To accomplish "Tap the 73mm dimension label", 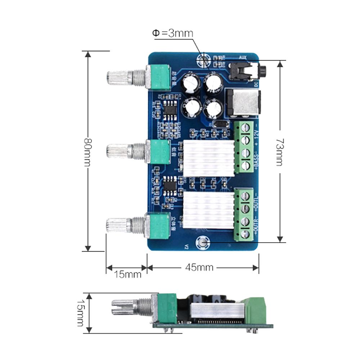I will pos(279,151).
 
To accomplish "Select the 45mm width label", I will pos(199,267).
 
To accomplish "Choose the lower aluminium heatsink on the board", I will pos(208,210).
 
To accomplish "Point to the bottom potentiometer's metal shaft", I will pos(122,225).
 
